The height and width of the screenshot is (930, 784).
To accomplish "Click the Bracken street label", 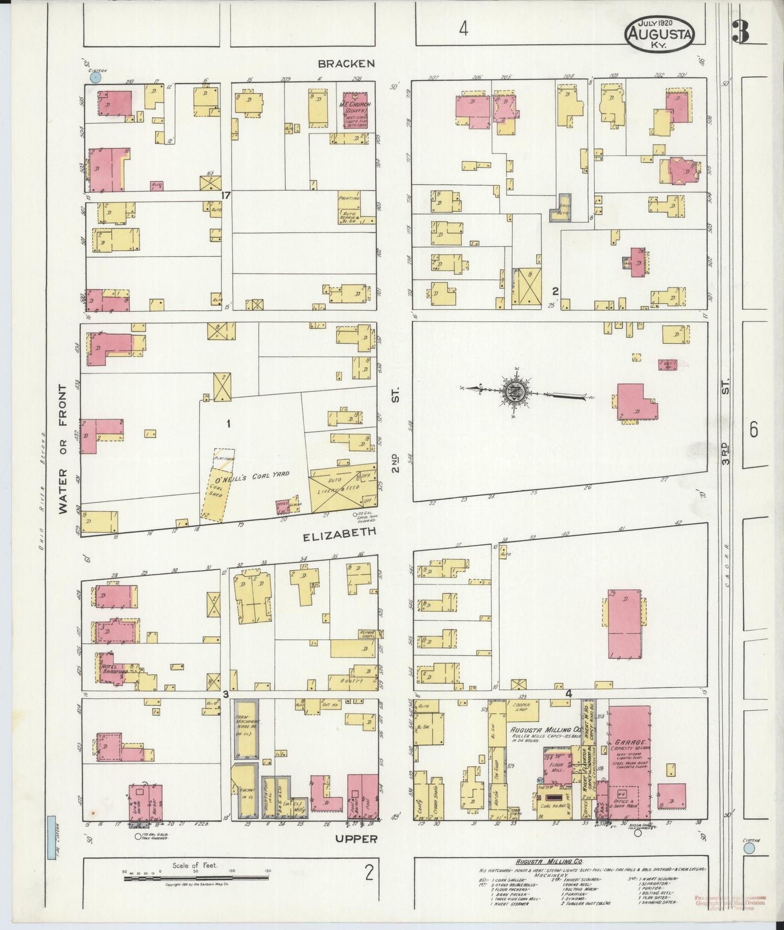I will [346, 63].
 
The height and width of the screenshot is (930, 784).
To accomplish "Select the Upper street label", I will [355, 839].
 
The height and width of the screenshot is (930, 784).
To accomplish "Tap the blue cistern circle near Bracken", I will [96, 78].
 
